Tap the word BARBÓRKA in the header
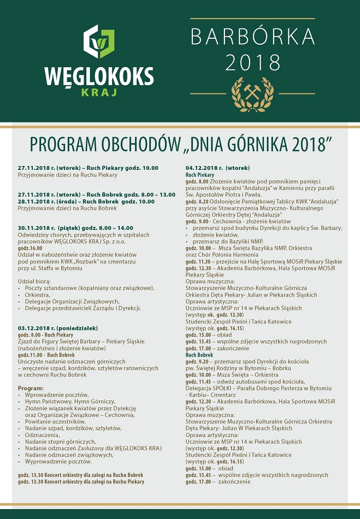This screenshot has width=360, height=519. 252,37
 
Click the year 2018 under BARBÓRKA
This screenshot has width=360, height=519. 252,63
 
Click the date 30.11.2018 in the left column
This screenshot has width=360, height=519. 34,227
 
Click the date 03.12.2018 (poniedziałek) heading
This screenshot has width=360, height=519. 58,328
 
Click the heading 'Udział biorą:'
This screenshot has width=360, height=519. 36,281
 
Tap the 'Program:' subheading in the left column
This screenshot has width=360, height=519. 31,388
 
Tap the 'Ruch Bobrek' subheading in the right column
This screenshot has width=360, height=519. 199,355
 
